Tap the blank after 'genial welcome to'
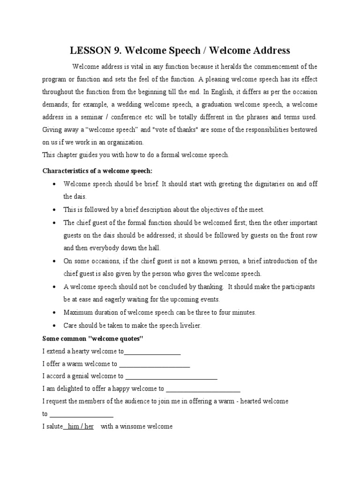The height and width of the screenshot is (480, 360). tap(172, 376)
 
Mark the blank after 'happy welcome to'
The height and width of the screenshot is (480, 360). tap(203, 389)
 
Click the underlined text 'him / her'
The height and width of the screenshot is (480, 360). tap(81, 427)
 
